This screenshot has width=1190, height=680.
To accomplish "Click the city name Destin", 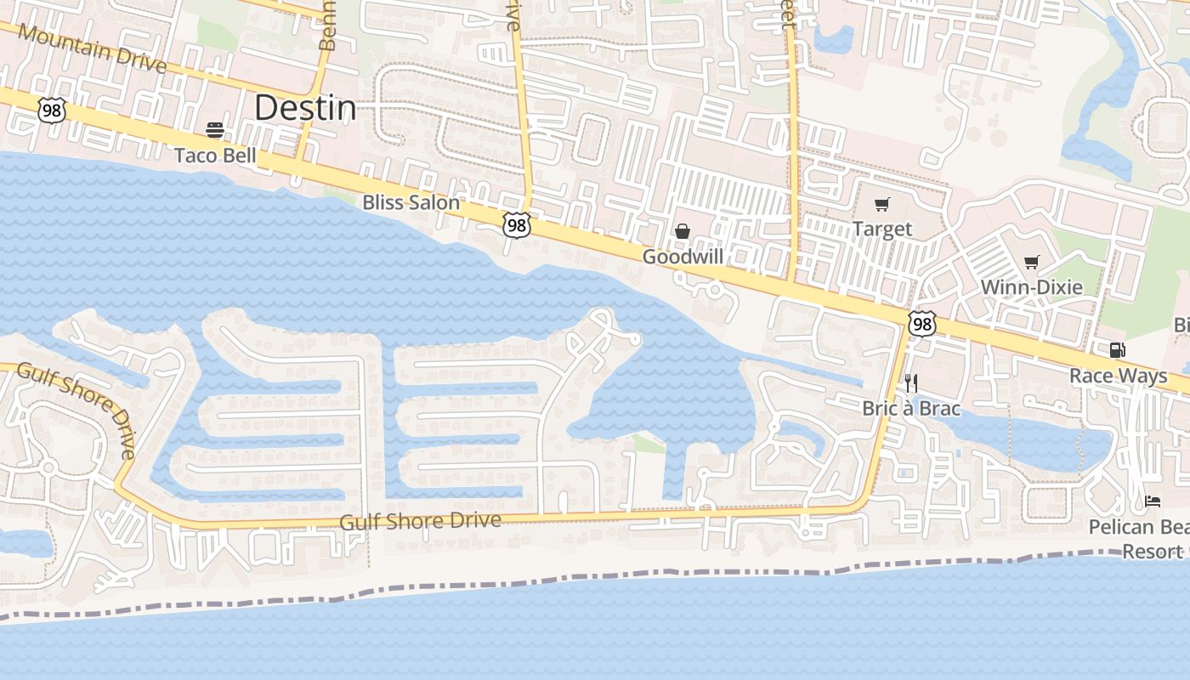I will click(x=305, y=108).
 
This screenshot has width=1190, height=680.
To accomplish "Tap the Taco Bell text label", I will click(x=215, y=156).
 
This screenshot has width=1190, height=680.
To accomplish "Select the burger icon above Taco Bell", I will click(x=215, y=130).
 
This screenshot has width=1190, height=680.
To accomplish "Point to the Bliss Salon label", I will click(x=411, y=202).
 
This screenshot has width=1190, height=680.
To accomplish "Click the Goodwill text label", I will click(x=683, y=257).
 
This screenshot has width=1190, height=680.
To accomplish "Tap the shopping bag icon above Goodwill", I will click(x=683, y=231).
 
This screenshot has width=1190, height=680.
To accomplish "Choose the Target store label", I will click(x=882, y=229).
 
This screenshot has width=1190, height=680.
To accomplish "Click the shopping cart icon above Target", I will click(x=882, y=204).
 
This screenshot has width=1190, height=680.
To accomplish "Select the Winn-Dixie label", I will click(x=1032, y=287).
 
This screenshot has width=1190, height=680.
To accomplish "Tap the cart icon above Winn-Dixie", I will click(x=1032, y=262).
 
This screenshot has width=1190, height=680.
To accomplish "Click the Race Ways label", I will click(x=1119, y=376).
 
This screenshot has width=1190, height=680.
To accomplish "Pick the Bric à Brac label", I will click(x=911, y=409).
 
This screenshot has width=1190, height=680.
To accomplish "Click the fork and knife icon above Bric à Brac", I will click(x=911, y=383).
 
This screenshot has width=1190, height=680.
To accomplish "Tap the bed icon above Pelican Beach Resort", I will click(x=1153, y=501).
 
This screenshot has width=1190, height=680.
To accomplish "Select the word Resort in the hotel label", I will click(x=1153, y=552).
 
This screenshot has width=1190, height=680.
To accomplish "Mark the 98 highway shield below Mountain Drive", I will click(x=52, y=109).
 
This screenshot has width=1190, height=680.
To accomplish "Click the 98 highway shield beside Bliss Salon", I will click(x=516, y=224).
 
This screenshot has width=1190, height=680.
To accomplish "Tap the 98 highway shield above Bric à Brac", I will click(x=921, y=323).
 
